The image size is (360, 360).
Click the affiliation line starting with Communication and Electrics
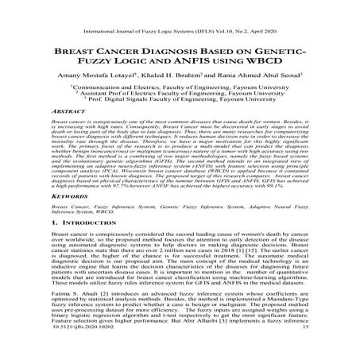(180, 103)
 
